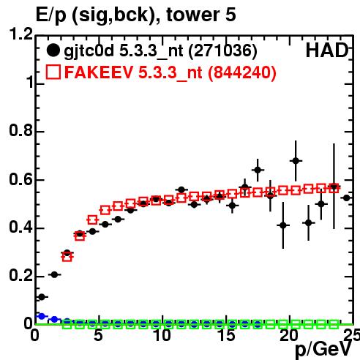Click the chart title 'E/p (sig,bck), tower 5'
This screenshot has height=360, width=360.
tap(135, 15)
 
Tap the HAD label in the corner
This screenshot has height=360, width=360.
tap(327, 50)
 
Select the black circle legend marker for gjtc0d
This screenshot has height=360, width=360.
tap(53, 50)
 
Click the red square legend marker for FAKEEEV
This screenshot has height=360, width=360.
tap(53, 72)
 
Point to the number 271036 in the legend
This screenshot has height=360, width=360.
tap(223, 50)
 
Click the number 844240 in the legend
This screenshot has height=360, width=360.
tap(242, 72)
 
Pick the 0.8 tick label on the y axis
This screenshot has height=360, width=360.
tap(20, 130)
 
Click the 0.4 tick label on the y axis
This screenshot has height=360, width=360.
tap(20, 227)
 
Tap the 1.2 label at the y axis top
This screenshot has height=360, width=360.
tap(20, 34)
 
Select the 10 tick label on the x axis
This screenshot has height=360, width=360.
tap(162, 335)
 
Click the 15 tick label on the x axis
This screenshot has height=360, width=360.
tap(226, 335)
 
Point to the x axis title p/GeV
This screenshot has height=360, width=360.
tap(323, 350)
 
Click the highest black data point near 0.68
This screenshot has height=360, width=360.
tap(296, 161)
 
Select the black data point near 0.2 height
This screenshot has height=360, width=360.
tap(54, 274)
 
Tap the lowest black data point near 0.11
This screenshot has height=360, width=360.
tap(42, 297)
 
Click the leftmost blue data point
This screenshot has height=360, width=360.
tap(42, 316)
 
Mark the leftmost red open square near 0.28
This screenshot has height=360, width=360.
tap(67, 257)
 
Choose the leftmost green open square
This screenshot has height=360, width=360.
tap(67, 324)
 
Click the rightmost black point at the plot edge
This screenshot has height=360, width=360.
tap(346, 198)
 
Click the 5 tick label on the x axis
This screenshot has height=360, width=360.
tap(98, 335)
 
